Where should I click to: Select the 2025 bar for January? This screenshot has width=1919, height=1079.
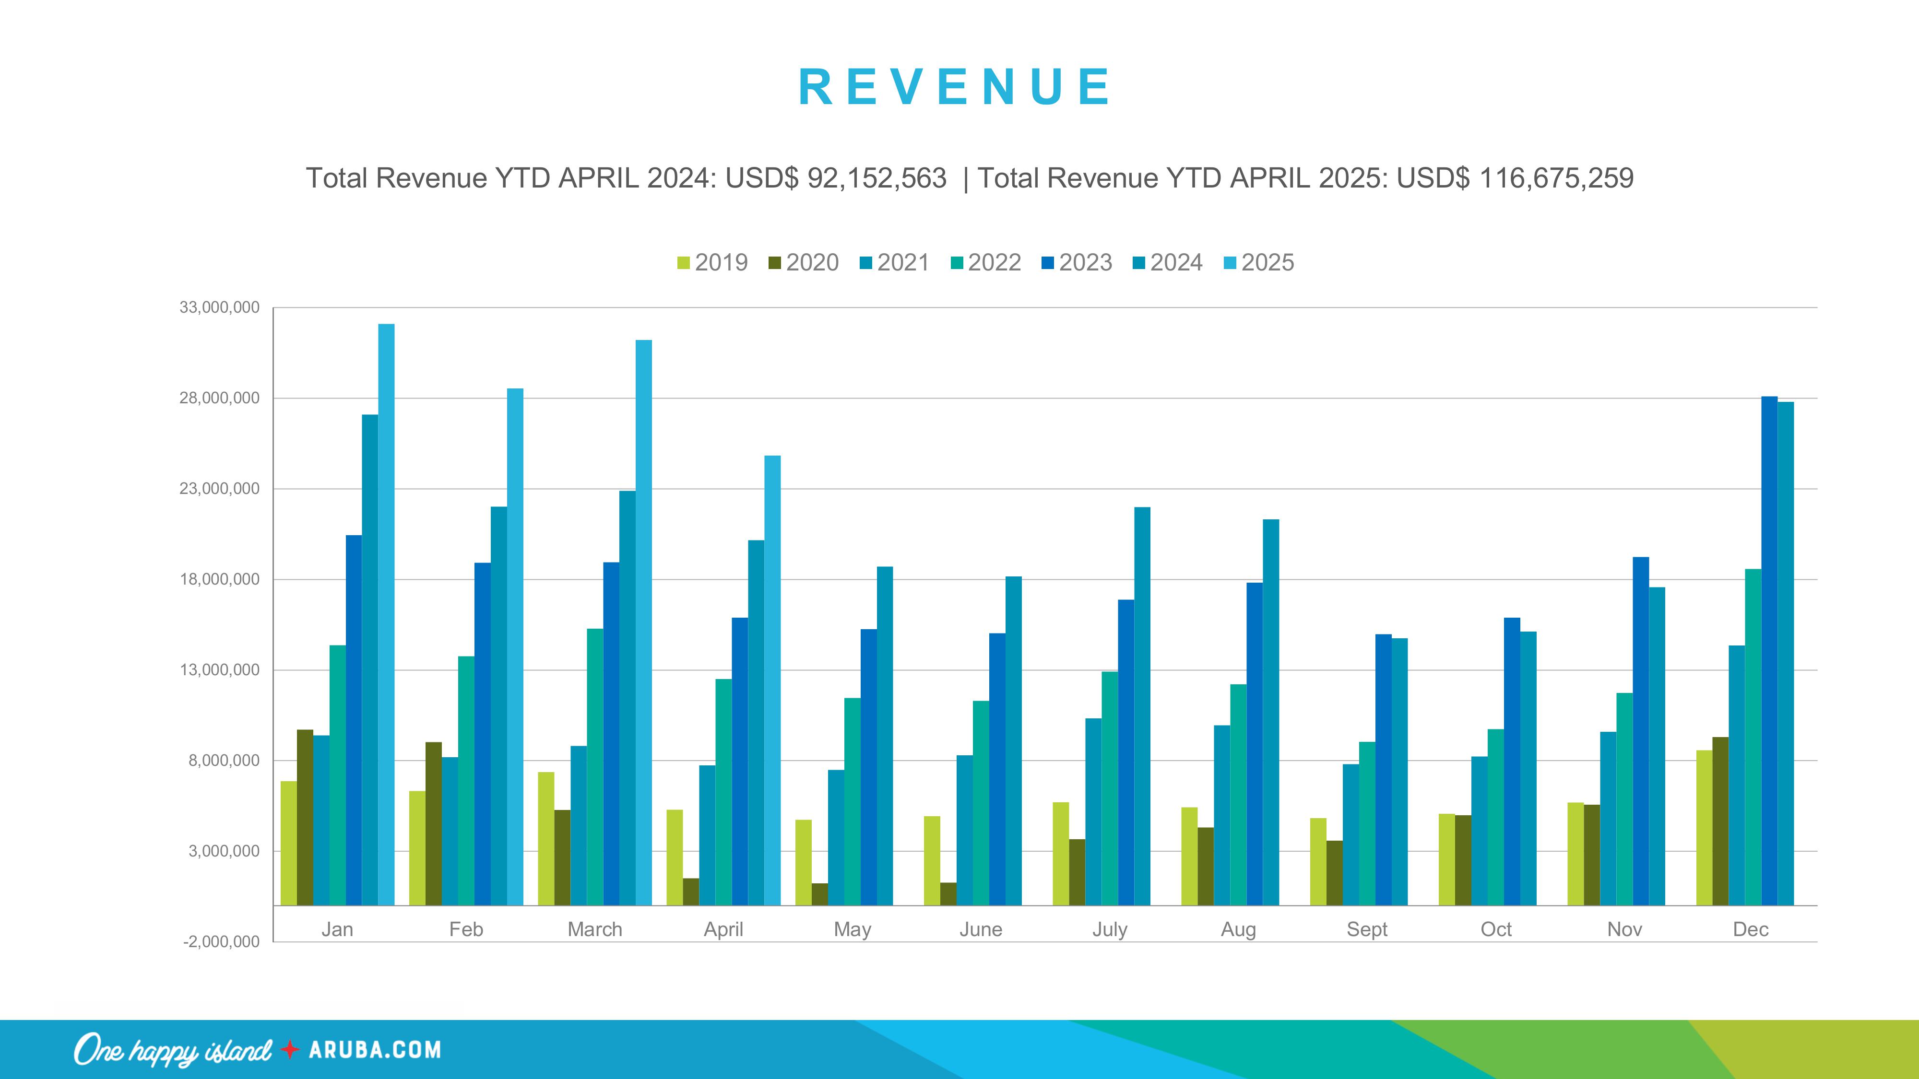click(x=386, y=614)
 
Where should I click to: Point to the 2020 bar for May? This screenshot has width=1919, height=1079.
click(x=819, y=893)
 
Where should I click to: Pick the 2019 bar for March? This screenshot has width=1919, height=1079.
click(x=546, y=838)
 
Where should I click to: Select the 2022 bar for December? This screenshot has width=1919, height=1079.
click(x=1753, y=737)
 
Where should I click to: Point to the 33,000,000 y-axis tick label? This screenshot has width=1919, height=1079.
click(x=219, y=307)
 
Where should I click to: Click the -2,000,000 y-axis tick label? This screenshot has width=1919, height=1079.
click(x=221, y=941)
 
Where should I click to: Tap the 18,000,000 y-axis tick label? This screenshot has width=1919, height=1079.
click(x=219, y=579)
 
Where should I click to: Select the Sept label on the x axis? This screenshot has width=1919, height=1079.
click(x=1367, y=929)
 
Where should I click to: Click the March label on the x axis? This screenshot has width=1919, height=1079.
click(x=594, y=929)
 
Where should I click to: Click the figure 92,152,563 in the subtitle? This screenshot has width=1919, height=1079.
click(x=877, y=178)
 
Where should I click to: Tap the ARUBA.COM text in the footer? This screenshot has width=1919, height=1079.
click(x=375, y=1050)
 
